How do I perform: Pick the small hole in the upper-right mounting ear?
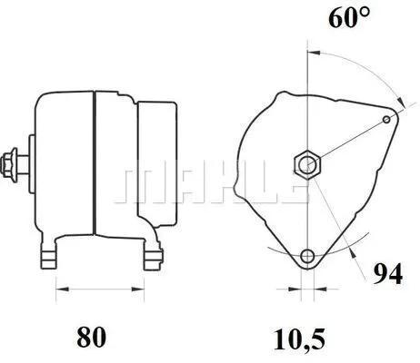pyautogui.click(x=388, y=119)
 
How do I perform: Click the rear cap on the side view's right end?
pyautogui.click(x=155, y=163)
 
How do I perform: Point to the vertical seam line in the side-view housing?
pyautogui.click(x=94, y=163)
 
